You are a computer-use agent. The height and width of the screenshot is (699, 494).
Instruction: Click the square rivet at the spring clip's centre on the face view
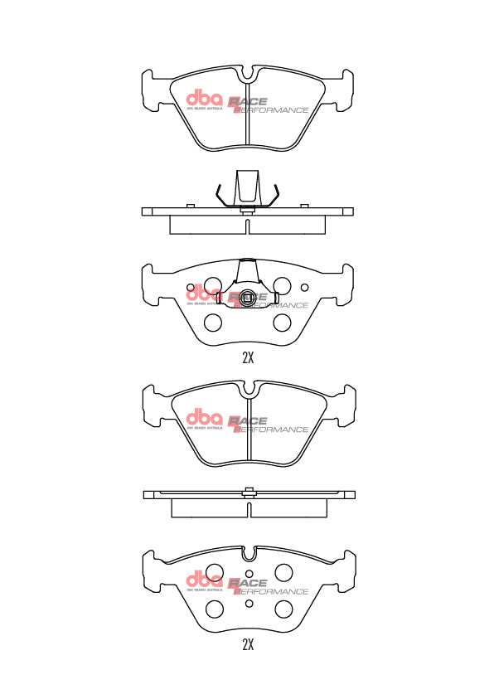[246, 299]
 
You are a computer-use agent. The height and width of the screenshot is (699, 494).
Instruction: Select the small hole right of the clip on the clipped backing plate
[304, 288]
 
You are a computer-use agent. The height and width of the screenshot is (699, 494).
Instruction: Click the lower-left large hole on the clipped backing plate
[212, 323]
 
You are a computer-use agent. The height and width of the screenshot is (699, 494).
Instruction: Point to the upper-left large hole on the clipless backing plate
[214, 572]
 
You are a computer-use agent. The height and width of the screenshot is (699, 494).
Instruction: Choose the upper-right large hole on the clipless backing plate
[284, 572]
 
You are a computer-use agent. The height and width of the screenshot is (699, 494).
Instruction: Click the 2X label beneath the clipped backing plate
[247, 358]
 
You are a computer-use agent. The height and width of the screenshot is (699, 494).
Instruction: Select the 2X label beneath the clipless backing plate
[247, 644]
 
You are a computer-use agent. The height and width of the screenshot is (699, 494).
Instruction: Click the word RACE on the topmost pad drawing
[249, 100]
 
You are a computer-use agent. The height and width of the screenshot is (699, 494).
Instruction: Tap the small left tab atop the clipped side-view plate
[190, 205]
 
